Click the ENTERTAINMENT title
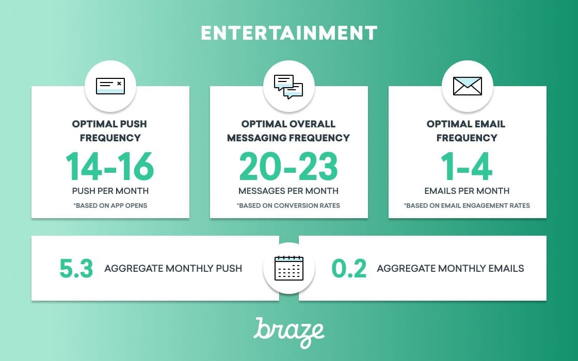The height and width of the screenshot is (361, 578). pos(289,33)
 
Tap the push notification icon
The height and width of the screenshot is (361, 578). pos(110,86)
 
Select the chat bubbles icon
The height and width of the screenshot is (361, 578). pos(288,87)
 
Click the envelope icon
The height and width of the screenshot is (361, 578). pos(468,86)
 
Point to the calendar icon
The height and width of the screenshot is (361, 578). pos(289,268)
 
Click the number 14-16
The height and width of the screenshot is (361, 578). pos(110,166)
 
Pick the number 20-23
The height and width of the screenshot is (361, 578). pos(288,166)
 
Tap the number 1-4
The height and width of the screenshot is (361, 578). pos(467,166)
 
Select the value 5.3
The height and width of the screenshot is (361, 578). pos(76,268)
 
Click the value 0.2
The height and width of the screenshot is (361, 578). pos(349,268)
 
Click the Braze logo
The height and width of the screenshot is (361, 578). pos(289,332)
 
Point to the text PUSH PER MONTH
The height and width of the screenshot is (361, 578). pos(110,191)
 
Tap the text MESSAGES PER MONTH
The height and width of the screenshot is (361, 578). pos(288,191)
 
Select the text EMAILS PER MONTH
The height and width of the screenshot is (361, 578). pos(467,191)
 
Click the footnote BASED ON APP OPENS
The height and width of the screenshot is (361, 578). pos(110,206)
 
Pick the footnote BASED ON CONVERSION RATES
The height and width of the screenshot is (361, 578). pos(288,206)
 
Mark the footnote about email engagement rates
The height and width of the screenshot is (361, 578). pos(467,206)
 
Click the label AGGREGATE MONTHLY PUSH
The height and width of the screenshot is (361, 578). pos(173,268)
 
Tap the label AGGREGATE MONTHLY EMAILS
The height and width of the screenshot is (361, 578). pos(451,268)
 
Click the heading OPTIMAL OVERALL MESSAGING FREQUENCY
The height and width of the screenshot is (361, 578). pos(288,131)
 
